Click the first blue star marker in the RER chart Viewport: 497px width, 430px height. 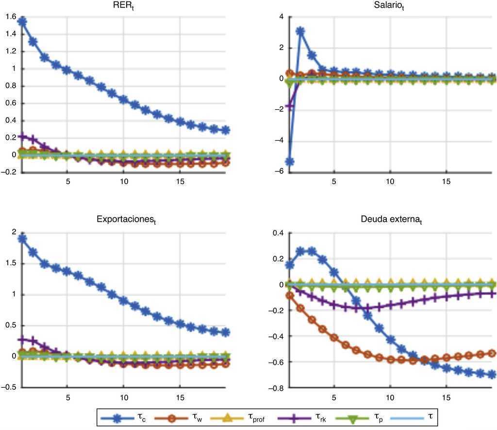coord(21,22)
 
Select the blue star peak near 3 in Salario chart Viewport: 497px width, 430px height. coord(300,32)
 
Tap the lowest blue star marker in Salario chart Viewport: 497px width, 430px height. coord(290,162)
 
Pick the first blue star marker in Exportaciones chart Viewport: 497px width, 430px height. coord(21,239)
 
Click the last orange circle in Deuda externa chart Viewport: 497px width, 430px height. coord(491,353)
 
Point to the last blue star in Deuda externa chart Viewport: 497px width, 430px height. coord(491,374)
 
